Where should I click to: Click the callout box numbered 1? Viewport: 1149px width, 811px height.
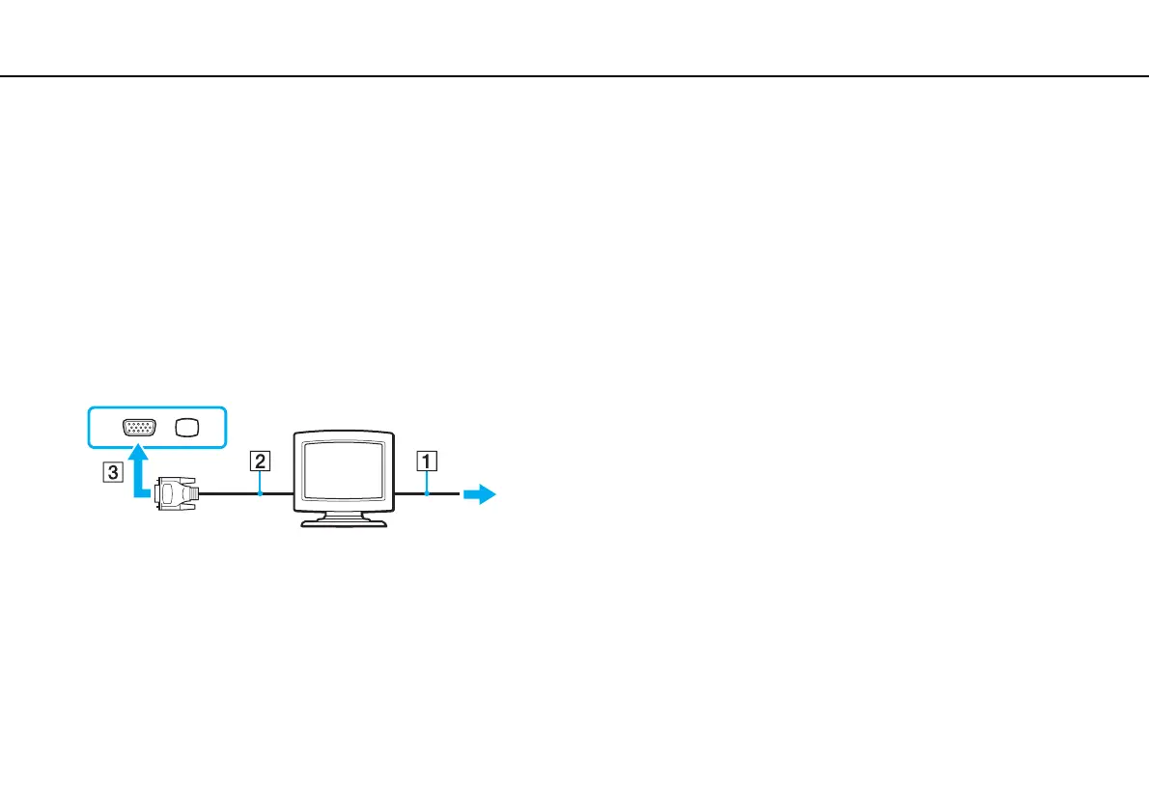(425, 461)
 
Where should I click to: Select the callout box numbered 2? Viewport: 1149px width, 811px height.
(259, 461)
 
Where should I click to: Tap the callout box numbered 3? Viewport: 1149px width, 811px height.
(114, 474)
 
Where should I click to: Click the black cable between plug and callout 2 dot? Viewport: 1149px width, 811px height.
(228, 493)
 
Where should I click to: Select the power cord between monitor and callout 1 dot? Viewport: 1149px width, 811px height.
(410, 493)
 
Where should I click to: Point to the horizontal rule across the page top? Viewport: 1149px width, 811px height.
(574, 76)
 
